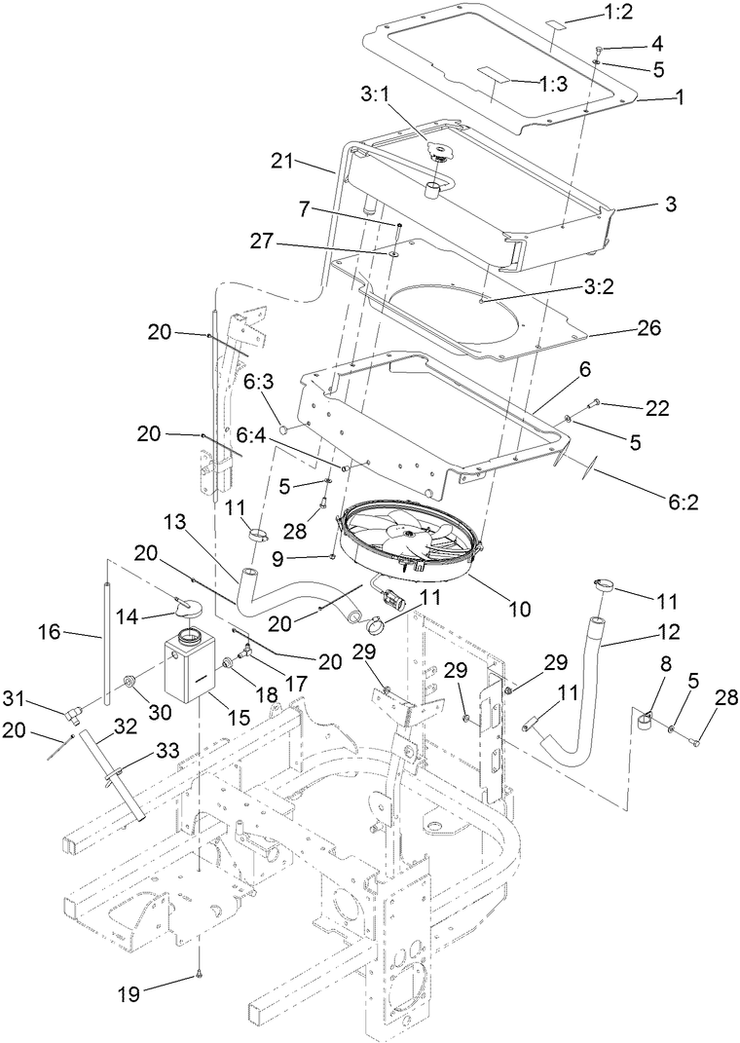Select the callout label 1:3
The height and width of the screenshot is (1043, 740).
tap(553, 85)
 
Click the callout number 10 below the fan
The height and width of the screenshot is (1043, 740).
tap(519, 609)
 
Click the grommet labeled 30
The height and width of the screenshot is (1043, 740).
tap(128, 677)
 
